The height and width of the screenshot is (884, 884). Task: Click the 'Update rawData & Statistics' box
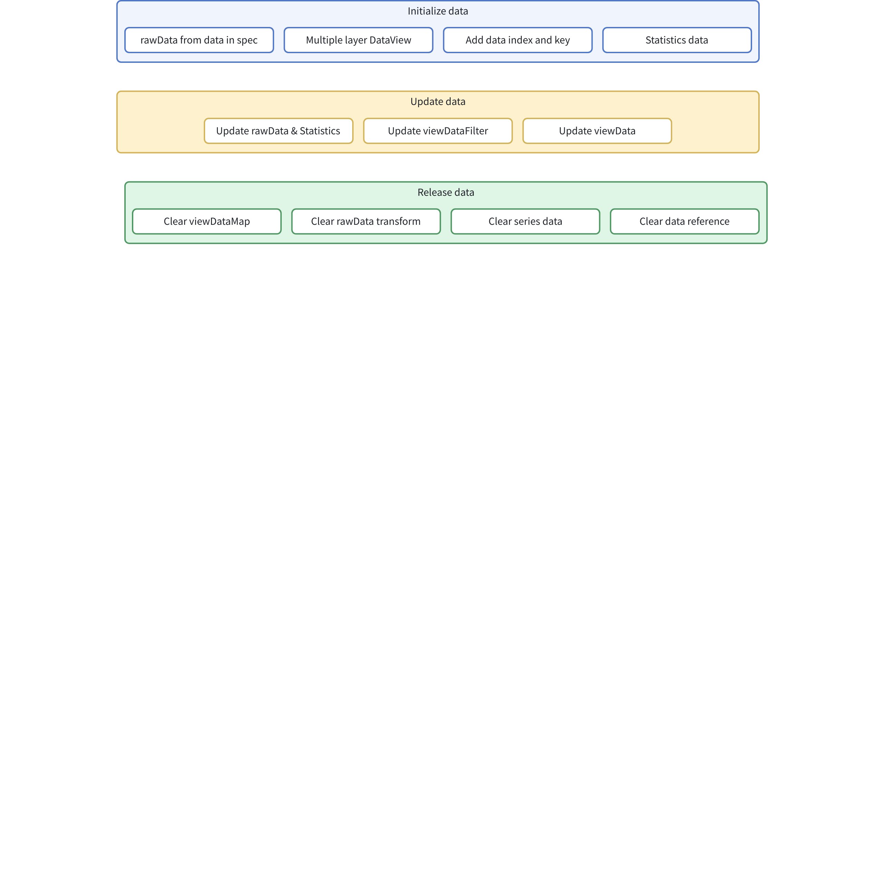pos(278,131)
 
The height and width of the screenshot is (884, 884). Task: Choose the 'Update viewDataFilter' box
pos(438,131)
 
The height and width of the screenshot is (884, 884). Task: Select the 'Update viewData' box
pos(597,131)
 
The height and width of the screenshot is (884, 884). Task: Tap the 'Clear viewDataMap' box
pos(207,221)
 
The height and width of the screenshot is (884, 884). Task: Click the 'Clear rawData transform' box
pos(366,221)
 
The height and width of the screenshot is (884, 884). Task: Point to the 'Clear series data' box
pos(525,221)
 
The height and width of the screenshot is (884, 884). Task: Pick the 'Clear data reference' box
pos(684,221)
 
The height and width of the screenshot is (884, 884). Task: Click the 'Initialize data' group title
pos(438,11)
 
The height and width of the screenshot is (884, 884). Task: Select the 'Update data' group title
pos(438,102)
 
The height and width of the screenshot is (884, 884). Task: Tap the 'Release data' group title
pos(446,192)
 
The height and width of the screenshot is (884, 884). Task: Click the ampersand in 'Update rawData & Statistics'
pos(294,131)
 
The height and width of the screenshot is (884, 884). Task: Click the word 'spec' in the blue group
pos(247,41)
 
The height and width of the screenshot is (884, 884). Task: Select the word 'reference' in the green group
pos(708,221)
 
